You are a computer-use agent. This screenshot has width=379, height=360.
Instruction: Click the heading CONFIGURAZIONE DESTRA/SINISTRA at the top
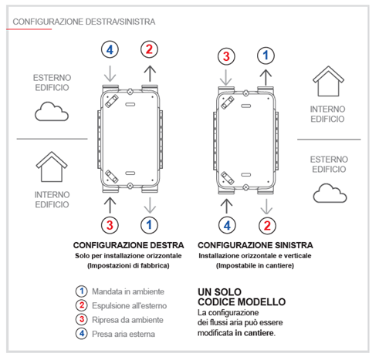point(84,22)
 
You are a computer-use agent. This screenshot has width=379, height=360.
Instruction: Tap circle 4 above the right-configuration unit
point(110,49)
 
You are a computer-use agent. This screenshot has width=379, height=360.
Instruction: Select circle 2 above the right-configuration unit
point(149,49)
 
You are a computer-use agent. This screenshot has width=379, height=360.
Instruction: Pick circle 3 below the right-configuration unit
point(110,225)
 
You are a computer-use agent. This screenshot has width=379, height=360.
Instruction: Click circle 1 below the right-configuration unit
point(149,225)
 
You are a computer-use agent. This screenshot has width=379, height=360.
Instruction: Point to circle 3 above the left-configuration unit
point(226,56)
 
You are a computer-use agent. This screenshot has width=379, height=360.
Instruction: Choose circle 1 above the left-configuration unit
point(266,56)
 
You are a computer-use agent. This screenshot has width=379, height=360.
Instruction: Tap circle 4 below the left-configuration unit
point(227,226)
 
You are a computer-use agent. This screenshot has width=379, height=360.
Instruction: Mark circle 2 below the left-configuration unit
point(267,226)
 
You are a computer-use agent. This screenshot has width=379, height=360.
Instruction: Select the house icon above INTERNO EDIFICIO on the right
point(328,81)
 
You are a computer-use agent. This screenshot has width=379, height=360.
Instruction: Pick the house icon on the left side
point(52,167)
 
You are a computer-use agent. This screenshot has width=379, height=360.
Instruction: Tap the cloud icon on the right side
point(330,193)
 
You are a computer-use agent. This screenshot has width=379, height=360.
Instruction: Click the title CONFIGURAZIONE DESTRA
point(128,245)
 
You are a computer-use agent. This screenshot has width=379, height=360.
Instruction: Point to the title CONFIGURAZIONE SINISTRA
point(255,245)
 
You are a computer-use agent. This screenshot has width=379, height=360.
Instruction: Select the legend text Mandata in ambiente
point(128,291)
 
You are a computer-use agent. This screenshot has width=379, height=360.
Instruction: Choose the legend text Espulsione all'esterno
point(130,306)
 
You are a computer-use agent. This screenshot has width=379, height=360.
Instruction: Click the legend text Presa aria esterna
point(124,334)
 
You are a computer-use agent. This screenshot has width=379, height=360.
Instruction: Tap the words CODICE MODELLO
point(242,302)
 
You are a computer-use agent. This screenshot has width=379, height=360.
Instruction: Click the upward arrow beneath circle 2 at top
point(150,74)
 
